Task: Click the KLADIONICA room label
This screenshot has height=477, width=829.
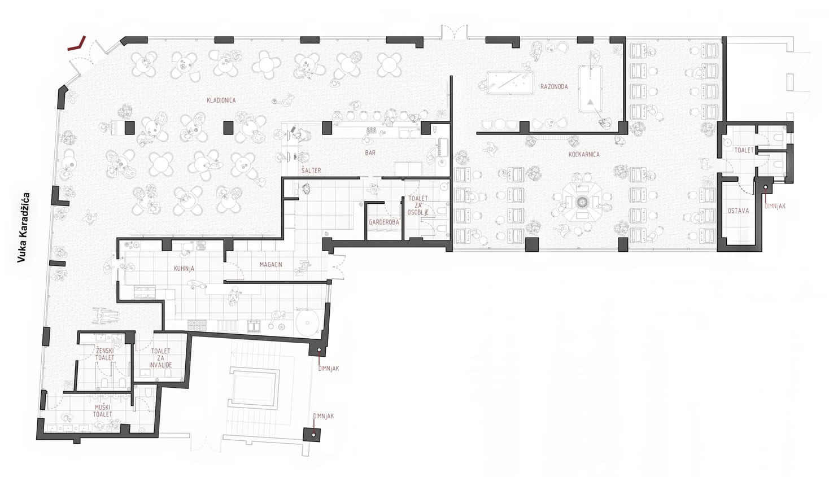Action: [x=221, y=100]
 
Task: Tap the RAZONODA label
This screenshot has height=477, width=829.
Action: [x=553, y=86]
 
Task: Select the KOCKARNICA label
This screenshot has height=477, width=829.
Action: [x=583, y=154]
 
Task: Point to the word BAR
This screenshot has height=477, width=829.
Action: [x=370, y=153]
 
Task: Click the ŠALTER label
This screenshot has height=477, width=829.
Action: [x=311, y=170]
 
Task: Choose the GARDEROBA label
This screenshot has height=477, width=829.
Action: [x=384, y=222]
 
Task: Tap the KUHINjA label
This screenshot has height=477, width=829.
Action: [x=184, y=269]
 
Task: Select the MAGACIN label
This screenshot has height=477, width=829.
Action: [x=271, y=265]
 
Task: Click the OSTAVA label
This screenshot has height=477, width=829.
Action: [x=738, y=211]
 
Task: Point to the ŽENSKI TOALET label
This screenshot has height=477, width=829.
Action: [x=104, y=354]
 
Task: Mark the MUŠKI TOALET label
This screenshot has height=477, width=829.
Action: [x=102, y=411]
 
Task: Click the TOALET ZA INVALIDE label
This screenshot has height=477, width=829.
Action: [x=160, y=358]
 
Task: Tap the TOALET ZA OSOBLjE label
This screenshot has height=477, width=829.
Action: [x=418, y=205]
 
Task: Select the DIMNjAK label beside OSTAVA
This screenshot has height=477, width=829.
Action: [x=775, y=206]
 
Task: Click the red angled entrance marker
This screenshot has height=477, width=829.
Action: [x=77, y=45]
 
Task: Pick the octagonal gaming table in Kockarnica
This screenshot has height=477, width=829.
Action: [x=582, y=202]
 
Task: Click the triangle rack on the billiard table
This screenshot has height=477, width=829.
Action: [x=591, y=102]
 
